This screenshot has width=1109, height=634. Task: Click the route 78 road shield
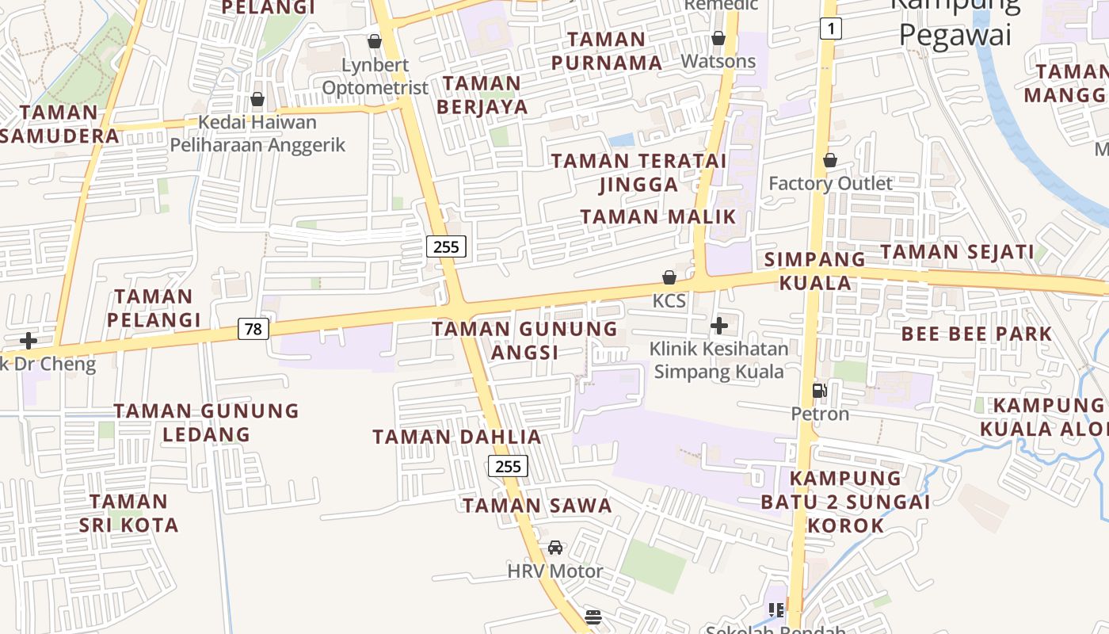pos(253,328)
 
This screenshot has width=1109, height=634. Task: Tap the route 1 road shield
pos(830,29)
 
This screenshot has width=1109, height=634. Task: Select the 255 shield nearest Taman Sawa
pos(508,466)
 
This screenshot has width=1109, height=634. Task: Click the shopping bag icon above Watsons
pos(718,38)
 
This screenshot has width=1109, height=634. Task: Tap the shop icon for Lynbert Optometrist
pos(375,41)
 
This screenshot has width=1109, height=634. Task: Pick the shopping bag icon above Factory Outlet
pos(830,160)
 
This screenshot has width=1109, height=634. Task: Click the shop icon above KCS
pos(669,277)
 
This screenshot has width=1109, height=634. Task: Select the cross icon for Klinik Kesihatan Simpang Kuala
pos(719,326)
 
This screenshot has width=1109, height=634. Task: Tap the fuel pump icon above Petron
pos(819,390)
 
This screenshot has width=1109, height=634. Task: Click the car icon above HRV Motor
pos(555,548)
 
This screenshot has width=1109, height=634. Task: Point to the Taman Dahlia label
pos(457,437)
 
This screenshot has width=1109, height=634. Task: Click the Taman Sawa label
pos(537,506)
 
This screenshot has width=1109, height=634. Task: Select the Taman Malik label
pos(658,216)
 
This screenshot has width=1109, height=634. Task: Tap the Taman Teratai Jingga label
pos(638,172)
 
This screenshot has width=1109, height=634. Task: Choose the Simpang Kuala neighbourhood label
pos(815,271)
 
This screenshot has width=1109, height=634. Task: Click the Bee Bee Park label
pos(977,334)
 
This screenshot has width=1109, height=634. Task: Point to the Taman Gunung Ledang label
pos(206,422)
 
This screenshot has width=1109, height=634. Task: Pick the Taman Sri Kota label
pos(128,513)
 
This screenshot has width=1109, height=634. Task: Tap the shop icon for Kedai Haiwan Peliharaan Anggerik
pos(257,100)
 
